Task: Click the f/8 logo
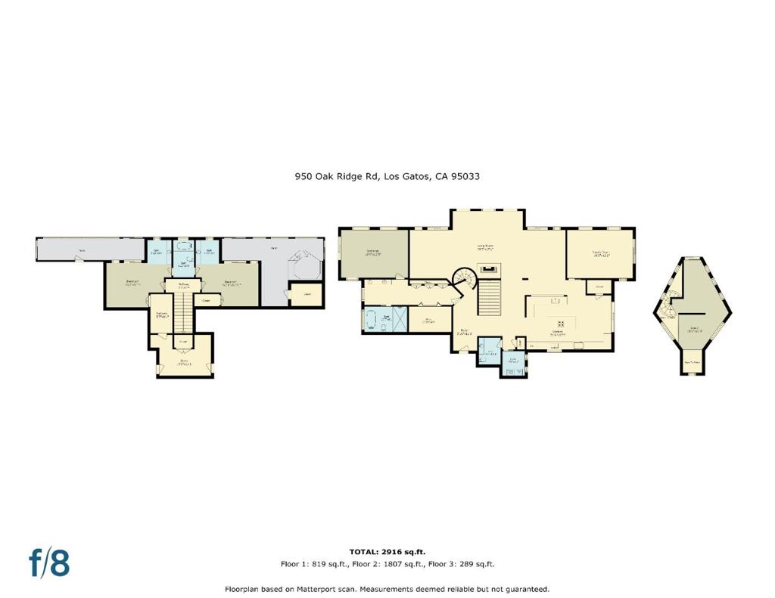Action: pyautogui.click(x=49, y=562)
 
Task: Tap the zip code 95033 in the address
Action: pyautogui.click(x=465, y=176)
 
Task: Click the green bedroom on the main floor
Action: pyautogui.click(x=373, y=253)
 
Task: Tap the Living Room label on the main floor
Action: pyautogui.click(x=485, y=246)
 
